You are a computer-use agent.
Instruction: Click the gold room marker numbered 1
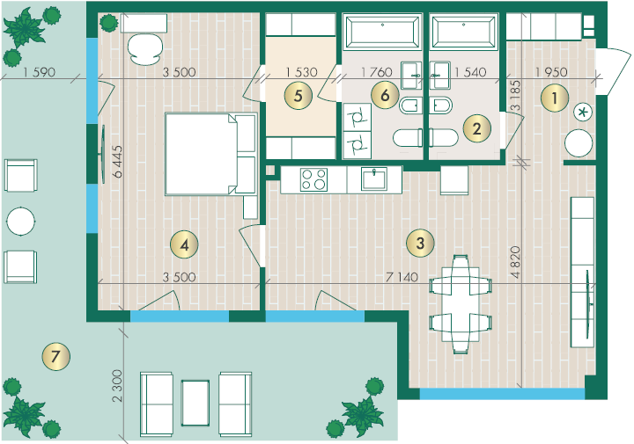coord(555,98)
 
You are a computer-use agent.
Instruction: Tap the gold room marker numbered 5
coord(298,96)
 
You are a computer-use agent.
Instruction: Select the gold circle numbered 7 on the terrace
coord(55,356)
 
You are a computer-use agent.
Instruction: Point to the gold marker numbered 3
coord(420,243)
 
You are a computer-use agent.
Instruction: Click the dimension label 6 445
coord(118,162)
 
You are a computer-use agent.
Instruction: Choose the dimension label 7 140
coord(402,277)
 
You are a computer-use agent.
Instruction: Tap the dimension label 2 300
coord(117,385)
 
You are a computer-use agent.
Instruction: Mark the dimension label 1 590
coord(39,72)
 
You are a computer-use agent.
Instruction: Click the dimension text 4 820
coord(515,262)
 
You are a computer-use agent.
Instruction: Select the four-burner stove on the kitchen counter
coord(313,179)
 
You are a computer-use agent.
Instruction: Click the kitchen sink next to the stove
coord(374,178)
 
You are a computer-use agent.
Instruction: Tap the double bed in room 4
coord(211,154)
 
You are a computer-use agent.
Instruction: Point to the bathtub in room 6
coord(382,32)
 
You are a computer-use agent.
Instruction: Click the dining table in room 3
coord(461,304)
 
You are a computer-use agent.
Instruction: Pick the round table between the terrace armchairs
coord(21,222)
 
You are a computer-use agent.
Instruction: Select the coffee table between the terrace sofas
coord(195,403)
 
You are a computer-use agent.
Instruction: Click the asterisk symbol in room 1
coord(583,112)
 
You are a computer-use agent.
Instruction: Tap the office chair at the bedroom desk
coord(145,49)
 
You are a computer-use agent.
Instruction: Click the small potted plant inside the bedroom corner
coord(109,23)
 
